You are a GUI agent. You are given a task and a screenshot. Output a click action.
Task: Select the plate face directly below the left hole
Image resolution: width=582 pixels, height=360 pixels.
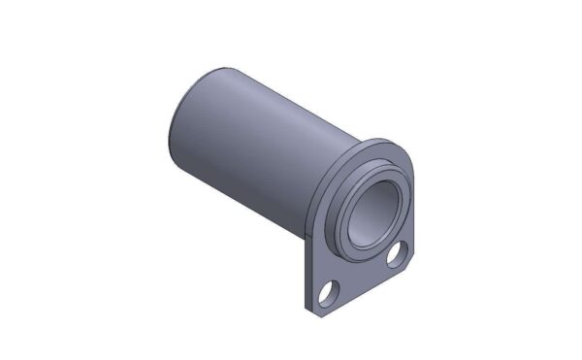[x=331, y=307]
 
